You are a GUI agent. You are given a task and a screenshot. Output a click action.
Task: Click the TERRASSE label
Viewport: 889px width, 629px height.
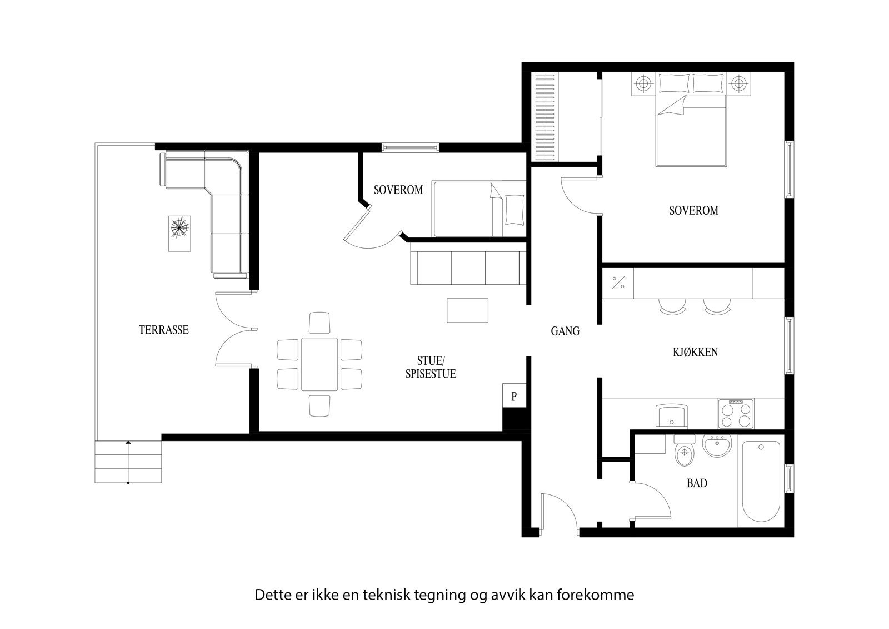(163, 330)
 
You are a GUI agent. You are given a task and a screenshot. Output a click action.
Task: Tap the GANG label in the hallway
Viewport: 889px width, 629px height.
(565, 331)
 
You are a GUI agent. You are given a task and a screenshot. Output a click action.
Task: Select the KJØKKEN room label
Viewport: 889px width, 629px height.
(695, 352)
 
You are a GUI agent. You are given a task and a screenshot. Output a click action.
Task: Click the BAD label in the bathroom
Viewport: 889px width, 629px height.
(697, 483)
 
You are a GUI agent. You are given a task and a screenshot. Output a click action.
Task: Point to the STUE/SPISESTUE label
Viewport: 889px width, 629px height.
(431, 366)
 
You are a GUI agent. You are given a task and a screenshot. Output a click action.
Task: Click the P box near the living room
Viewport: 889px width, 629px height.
(514, 397)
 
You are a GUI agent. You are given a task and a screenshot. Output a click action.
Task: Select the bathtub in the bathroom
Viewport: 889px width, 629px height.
(760, 481)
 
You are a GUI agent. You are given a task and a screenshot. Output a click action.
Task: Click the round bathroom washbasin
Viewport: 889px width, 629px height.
(717, 445)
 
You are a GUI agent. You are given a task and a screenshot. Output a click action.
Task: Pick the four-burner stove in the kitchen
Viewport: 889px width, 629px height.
(735, 413)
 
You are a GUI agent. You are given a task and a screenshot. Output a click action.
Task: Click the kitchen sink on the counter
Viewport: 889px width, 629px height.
(671, 415)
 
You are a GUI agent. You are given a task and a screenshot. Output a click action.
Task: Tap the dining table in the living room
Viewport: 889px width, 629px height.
(319, 364)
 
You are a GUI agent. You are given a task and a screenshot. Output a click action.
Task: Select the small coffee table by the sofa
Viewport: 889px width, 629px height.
(467, 310)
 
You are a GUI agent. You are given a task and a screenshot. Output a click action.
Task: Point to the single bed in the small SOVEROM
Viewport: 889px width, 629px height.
(479, 209)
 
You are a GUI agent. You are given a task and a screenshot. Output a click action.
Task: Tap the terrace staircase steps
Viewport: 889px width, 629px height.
(128, 462)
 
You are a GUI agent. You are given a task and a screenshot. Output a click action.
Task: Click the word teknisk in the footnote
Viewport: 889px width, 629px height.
(386, 595)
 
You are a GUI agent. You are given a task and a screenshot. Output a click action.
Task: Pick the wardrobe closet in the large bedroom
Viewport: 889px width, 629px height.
(545, 118)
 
